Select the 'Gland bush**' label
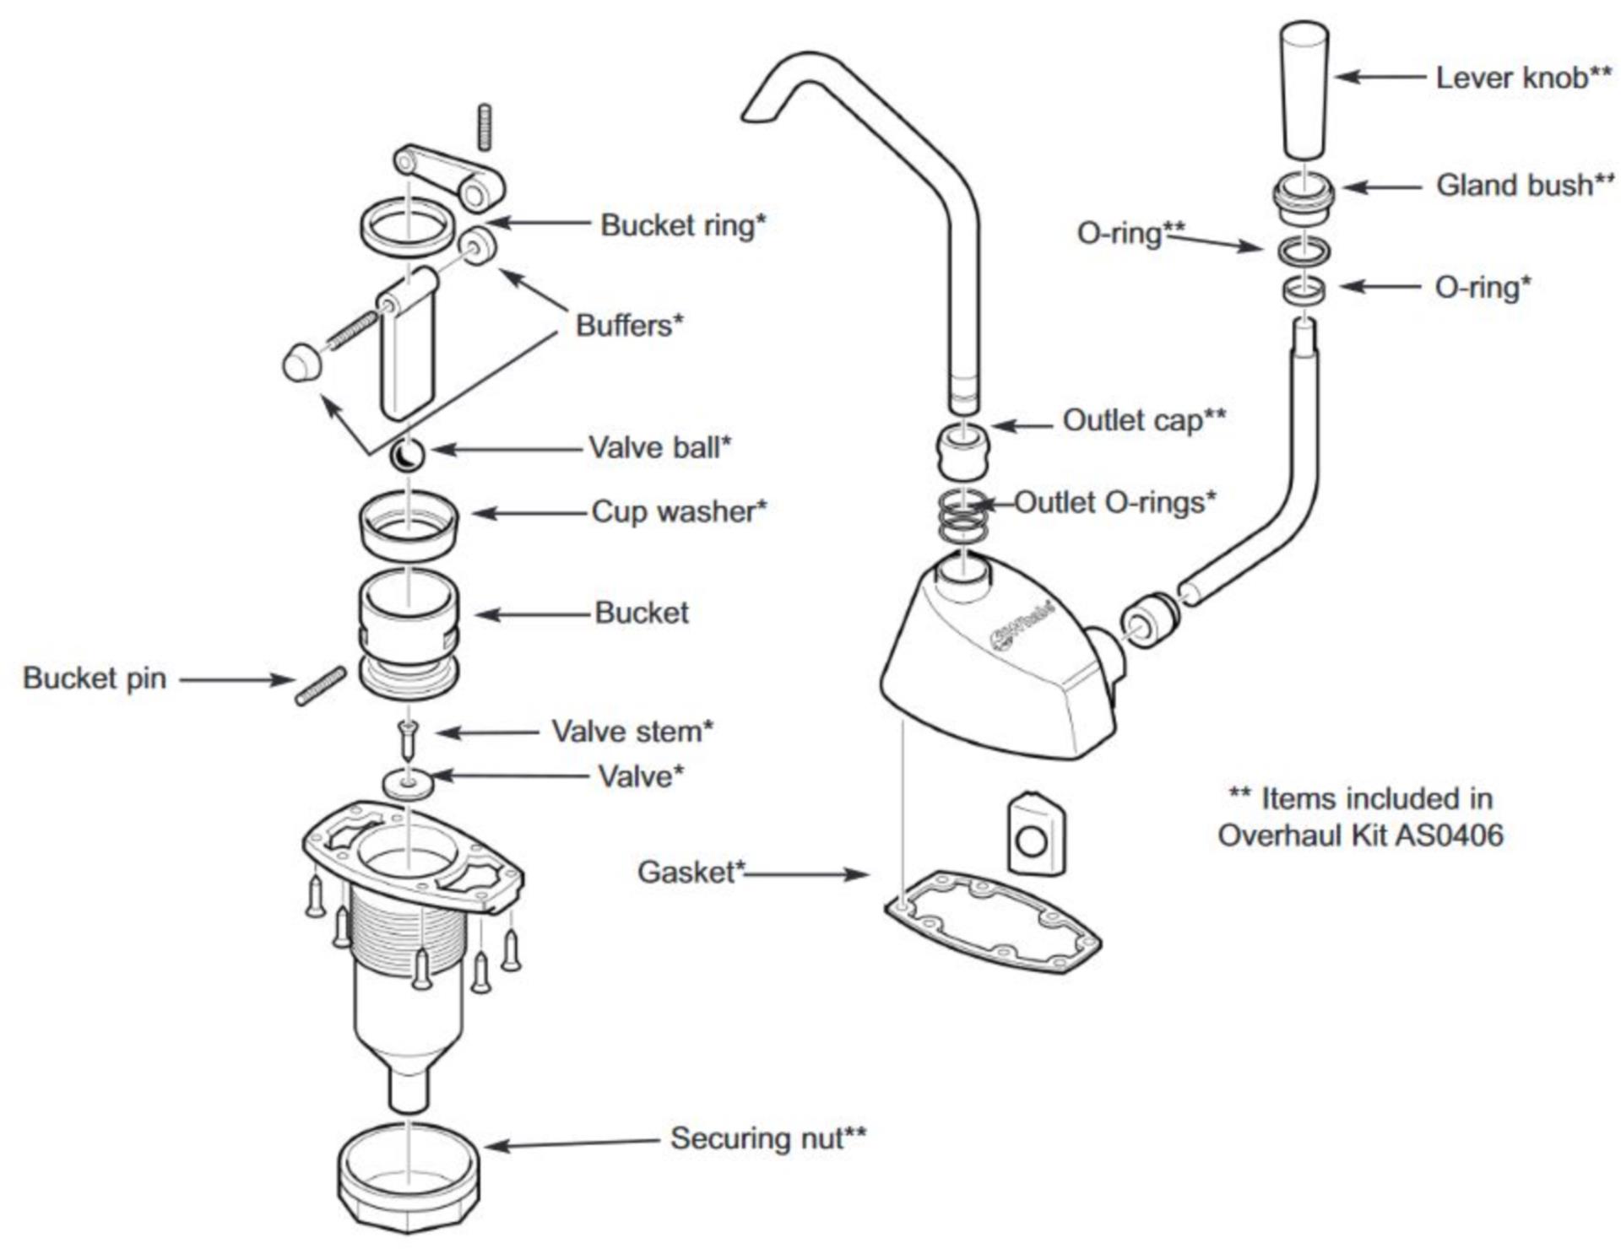tap(1524, 185)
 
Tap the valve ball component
tap(407, 456)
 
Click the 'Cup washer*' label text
tap(679, 511)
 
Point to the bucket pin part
tap(320, 685)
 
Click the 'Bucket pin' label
tap(95, 678)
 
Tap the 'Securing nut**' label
tap(767, 1138)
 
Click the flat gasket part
tap(993, 922)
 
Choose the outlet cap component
tap(962, 451)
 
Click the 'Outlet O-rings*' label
tap(1114, 503)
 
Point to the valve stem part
tap(409, 738)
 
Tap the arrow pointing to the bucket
tap(532, 614)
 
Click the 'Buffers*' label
tap(629, 325)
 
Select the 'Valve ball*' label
tap(659, 447)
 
